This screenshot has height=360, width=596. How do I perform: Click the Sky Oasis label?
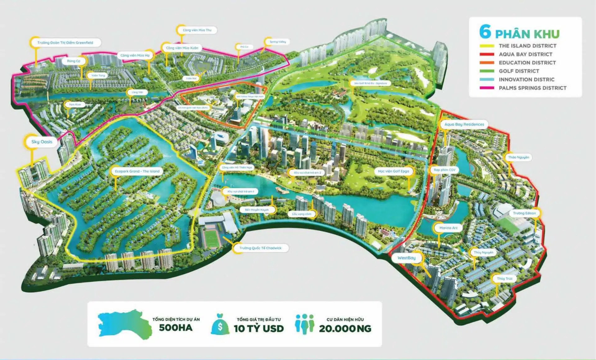tap(42, 142)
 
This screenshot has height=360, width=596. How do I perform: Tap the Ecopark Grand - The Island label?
tap(137, 171)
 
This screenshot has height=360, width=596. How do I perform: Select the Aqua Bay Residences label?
tap(464, 125)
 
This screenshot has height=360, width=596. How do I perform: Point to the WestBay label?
tap(406, 258)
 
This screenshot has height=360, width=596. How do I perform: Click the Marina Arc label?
tap(448, 228)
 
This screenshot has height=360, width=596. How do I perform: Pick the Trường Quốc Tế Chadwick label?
tap(260, 248)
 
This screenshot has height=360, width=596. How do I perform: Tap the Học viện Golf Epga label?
tap(393, 171)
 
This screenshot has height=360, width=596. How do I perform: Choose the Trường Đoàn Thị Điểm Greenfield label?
tap(65, 43)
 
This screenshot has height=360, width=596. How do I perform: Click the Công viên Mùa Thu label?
tap(197, 30)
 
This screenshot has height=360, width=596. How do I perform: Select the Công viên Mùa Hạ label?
tap(135, 55)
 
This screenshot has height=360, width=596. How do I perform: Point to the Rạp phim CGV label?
tap(445, 170)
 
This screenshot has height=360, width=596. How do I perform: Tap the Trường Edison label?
tap(524, 213)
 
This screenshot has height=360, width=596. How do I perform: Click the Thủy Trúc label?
tap(504, 279)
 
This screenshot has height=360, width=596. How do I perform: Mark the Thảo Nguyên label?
tap(518, 157)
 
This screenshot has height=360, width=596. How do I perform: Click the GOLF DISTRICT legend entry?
tap(519, 71)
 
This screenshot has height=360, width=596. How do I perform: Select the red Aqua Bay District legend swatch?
tap(487, 54)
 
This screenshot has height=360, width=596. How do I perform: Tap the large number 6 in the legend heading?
tap(485, 32)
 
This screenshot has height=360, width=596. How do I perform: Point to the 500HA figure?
tap(176, 328)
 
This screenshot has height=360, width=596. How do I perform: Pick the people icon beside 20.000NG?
tap(305, 324)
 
